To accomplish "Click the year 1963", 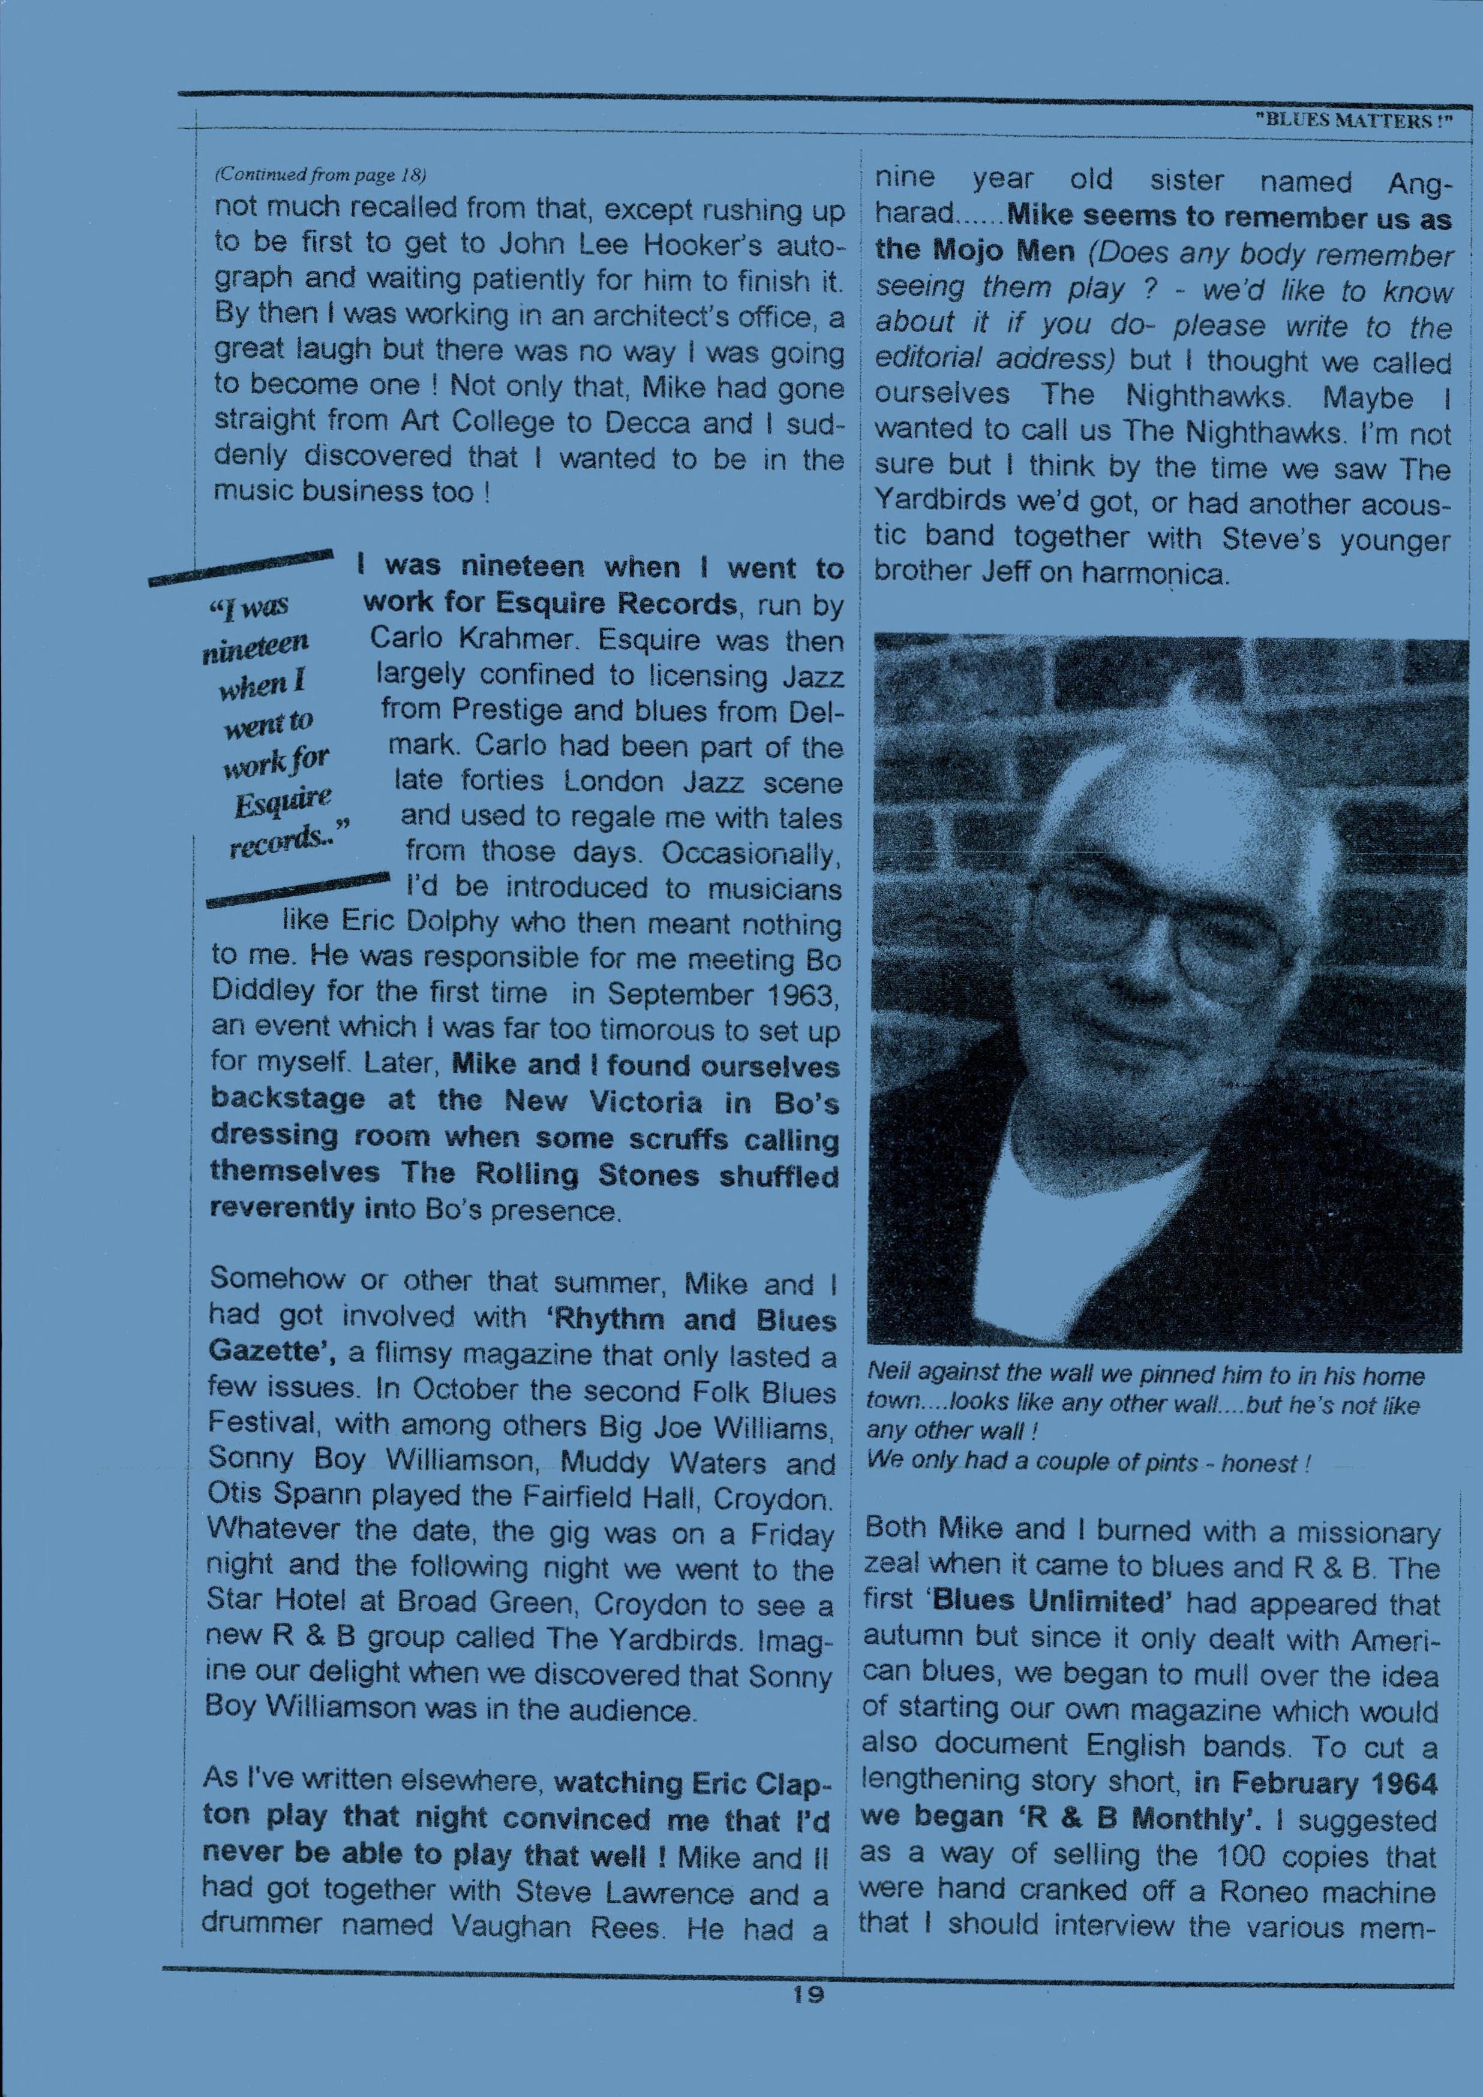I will pyautogui.click(x=798, y=994).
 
